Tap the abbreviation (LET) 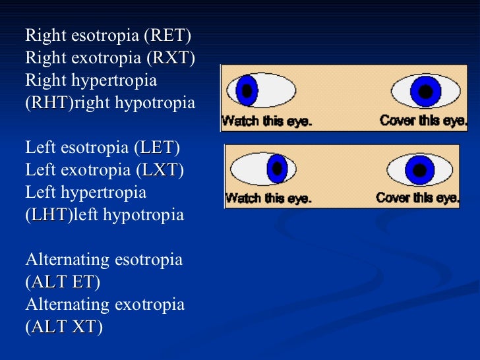[157, 148]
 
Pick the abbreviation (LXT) [159, 170]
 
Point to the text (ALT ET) [63, 282]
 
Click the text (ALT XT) [63, 327]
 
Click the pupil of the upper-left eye [247, 90]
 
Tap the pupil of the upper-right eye [426, 91]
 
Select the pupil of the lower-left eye [278, 169]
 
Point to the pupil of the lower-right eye [419, 169]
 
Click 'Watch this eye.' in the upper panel [266, 121]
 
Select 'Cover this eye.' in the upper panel [423, 121]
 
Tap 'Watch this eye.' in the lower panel [268, 198]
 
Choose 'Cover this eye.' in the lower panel [417, 197]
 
